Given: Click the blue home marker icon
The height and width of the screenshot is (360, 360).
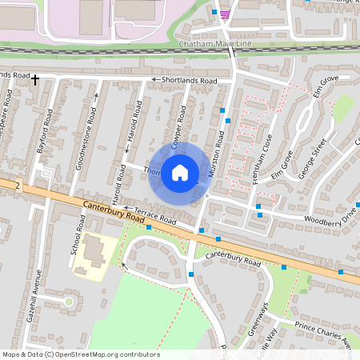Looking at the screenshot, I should click(x=180, y=173).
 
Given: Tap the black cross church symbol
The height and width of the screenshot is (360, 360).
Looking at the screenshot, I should click(x=35, y=78).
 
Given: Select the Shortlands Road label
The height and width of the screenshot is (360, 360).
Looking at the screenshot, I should click(x=189, y=81).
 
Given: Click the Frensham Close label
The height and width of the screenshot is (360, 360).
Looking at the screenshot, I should click(x=262, y=160).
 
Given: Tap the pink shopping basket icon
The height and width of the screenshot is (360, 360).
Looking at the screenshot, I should click(x=226, y=14).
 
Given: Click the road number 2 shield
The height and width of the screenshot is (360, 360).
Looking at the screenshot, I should click(x=17, y=183).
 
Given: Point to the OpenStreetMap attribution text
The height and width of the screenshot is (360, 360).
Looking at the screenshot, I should click(x=80, y=354).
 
